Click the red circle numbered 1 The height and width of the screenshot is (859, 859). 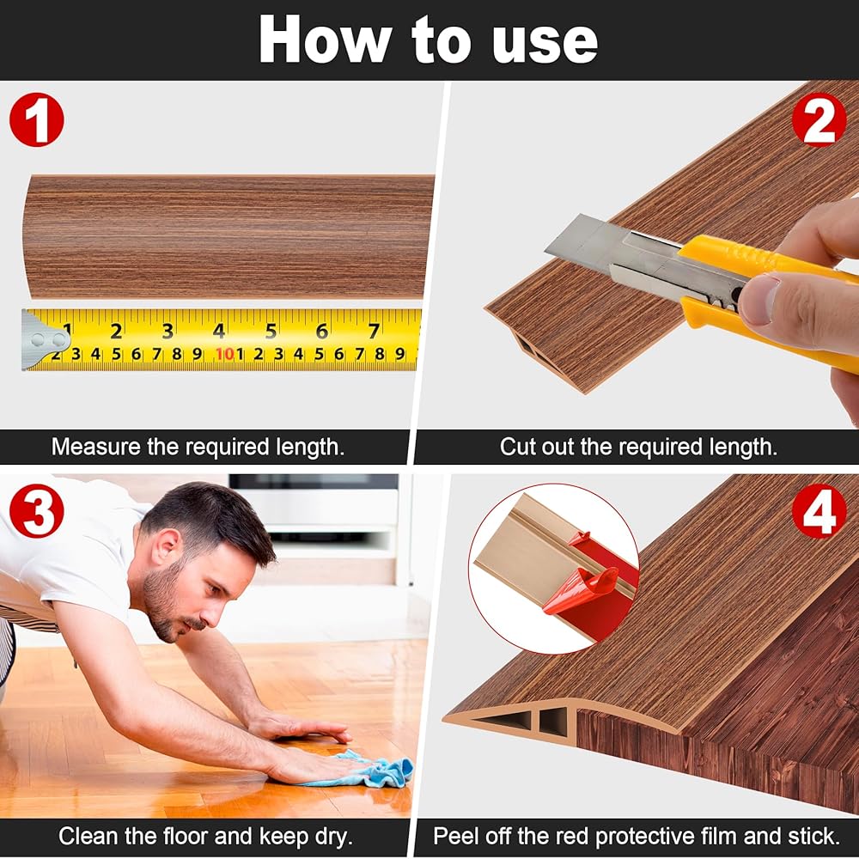(37, 119)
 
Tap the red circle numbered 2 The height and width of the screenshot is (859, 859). (819, 119)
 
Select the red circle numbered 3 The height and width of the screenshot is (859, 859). (37, 510)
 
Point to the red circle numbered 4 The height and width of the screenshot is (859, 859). (819, 510)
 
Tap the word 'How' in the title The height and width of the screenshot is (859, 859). (325, 40)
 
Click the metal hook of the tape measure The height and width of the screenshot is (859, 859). (45, 340)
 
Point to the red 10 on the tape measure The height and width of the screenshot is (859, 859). (224, 354)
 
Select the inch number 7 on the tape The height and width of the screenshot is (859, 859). (374, 331)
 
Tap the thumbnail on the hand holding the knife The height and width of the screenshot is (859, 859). (758, 299)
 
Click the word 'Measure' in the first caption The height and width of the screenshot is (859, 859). (96, 447)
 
